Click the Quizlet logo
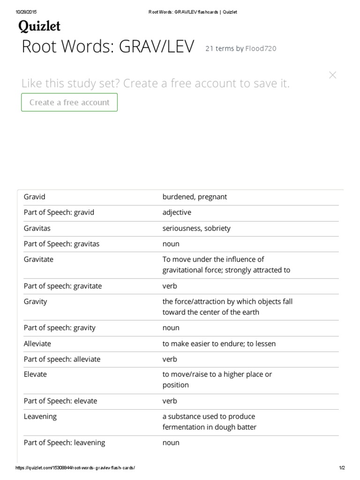click(x=39, y=26)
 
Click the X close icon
click(x=333, y=75)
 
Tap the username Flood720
click(x=261, y=48)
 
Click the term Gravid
click(x=34, y=197)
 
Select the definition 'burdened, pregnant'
click(x=195, y=197)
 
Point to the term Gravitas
click(x=37, y=228)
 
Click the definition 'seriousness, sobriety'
click(x=196, y=228)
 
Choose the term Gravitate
click(x=38, y=259)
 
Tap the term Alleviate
click(x=37, y=344)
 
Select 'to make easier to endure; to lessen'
click(x=219, y=344)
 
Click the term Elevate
click(x=35, y=375)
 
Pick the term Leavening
click(x=40, y=416)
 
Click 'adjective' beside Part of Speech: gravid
click(x=177, y=212)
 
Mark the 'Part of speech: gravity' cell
click(x=60, y=328)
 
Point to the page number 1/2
click(x=342, y=468)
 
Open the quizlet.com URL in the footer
click(x=75, y=468)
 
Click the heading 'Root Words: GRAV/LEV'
click(x=108, y=47)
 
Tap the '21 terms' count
click(x=219, y=48)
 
